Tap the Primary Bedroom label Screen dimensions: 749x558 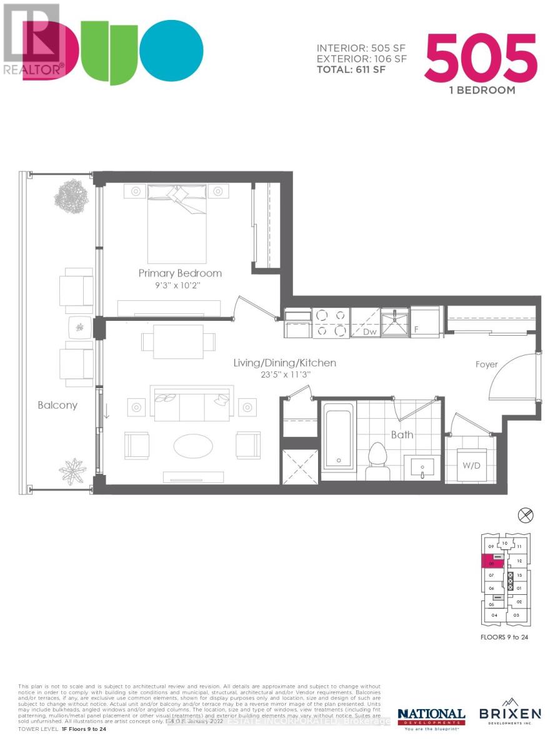[x=180, y=273]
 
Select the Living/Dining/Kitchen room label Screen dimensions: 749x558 [x=284, y=363]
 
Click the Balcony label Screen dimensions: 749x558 [x=57, y=405]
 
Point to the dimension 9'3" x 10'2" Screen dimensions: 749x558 [x=180, y=285]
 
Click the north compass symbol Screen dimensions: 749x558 [x=526, y=515]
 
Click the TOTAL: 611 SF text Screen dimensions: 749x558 [x=351, y=69]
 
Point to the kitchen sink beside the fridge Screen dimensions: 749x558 [x=395, y=322]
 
